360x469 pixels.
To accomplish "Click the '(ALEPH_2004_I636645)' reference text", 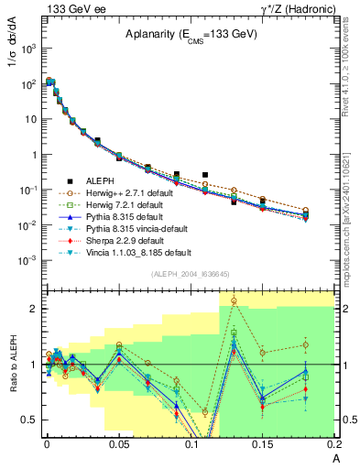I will (190, 275).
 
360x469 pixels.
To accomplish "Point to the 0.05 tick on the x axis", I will (119, 442).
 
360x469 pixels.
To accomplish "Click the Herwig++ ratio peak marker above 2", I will (234, 300).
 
